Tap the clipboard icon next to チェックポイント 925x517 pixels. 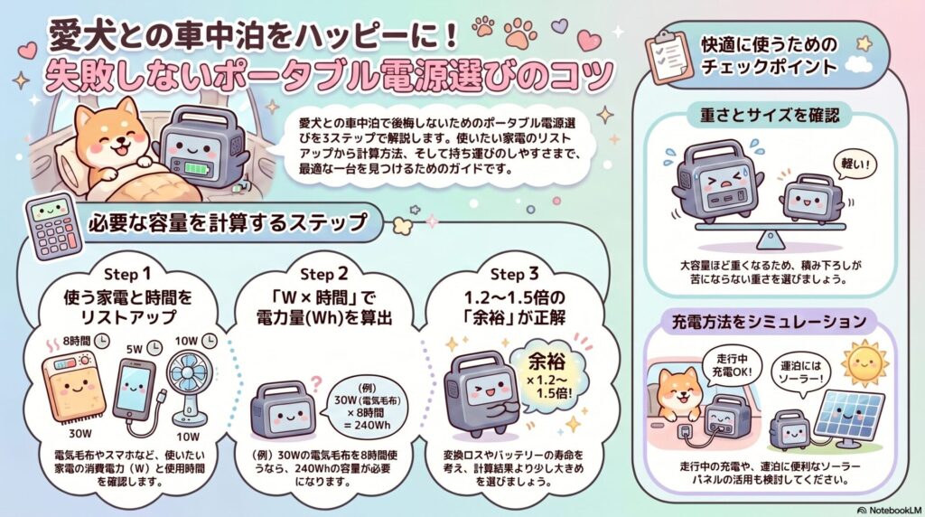click(669, 57)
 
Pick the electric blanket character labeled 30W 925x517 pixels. click(75, 389)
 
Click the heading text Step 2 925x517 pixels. click(324, 274)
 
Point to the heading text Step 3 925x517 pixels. click(514, 274)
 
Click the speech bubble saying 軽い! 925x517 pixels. click(855, 164)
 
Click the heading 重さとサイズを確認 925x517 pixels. click(770, 115)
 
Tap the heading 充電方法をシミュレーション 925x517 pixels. click(769, 322)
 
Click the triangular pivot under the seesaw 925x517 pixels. click(770, 240)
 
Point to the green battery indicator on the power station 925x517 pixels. click(195, 168)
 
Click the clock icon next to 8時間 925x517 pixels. click(103, 341)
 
